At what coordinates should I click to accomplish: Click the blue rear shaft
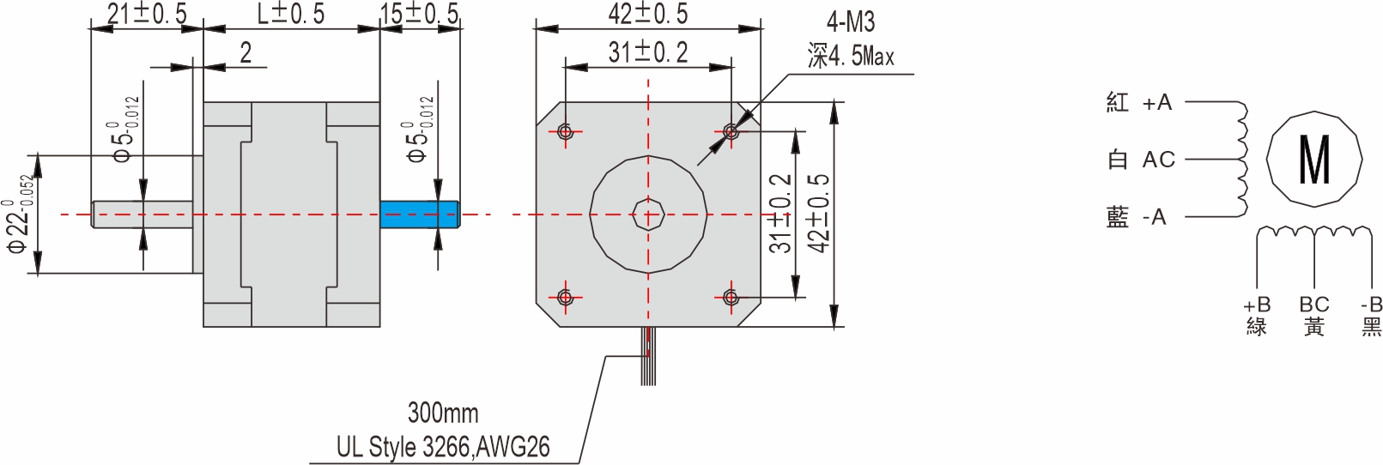pos(419,214)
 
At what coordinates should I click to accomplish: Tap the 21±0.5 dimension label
pos(146,14)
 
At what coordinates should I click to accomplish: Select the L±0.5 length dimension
pos(291,14)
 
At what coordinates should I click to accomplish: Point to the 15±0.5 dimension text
pos(420,14)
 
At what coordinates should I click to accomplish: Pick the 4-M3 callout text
pos(851,22)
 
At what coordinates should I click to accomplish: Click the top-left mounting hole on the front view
pos(565,131)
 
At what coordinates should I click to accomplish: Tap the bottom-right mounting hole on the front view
pos(731,298)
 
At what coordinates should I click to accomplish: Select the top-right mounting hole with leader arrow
pos(731,131)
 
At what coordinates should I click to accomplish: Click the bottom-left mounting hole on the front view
pos(565,298)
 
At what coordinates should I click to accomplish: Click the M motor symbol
pos(1314,160)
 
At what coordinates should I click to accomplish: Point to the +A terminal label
pos(1156,103)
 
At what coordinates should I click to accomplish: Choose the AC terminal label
pos(1158,160)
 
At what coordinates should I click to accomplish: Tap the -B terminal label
pos(1371,305)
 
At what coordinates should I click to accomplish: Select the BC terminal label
pos(1313,305)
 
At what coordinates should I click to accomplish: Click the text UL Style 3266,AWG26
pos(443,447)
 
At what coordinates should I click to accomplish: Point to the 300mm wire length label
pos(443,413)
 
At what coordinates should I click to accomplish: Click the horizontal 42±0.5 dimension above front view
pos(648,14)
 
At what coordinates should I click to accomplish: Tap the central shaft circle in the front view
pos(648,214)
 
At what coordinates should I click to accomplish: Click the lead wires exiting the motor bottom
pos(648,356)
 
